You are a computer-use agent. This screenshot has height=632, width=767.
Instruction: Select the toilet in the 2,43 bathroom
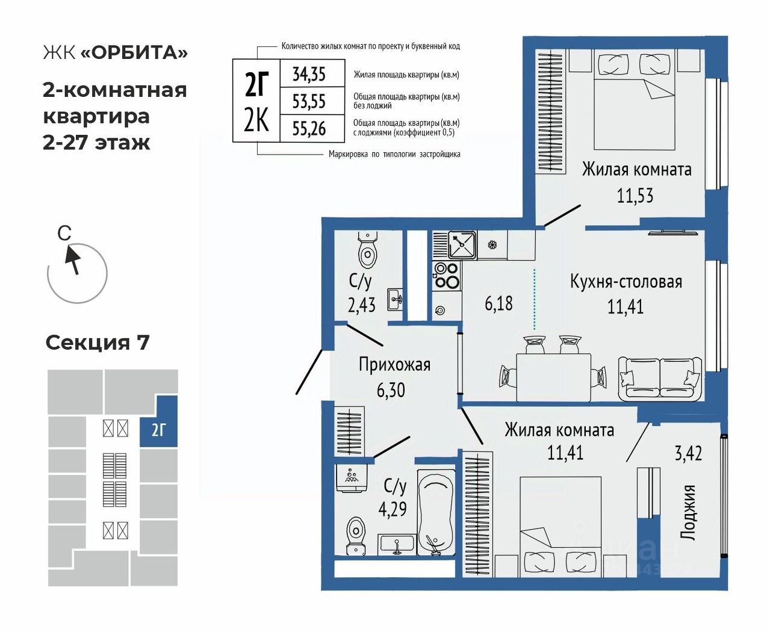[367, 250]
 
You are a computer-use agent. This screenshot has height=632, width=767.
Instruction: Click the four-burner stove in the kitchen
[447, 276]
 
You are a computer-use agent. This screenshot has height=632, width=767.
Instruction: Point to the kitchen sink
[462, 244]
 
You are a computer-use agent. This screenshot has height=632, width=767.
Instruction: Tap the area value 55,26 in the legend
[309, 128]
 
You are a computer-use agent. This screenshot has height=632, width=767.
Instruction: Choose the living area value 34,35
[309, 74]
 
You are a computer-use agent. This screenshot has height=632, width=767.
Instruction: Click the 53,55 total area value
[309, 101]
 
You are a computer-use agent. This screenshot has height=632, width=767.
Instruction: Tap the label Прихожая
[394, 364]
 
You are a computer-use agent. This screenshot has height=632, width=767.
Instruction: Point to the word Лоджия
[688, 512]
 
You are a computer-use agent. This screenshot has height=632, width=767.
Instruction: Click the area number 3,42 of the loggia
[688, 453]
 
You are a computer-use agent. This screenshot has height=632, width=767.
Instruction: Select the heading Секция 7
[98, 342]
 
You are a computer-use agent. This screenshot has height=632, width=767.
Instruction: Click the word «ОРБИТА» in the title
[134, 53]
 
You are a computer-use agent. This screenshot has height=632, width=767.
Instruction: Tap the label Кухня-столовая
[626, 282]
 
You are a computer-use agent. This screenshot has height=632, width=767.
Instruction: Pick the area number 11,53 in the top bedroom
[635, 196]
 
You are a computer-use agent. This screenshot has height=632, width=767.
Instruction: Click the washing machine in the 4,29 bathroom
[352, 477]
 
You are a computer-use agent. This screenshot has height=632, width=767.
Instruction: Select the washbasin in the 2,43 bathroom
[395, 299]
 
